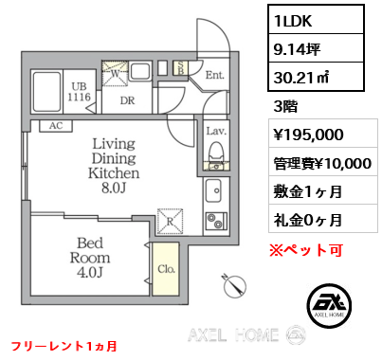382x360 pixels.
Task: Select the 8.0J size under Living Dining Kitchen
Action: coord(116,189)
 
